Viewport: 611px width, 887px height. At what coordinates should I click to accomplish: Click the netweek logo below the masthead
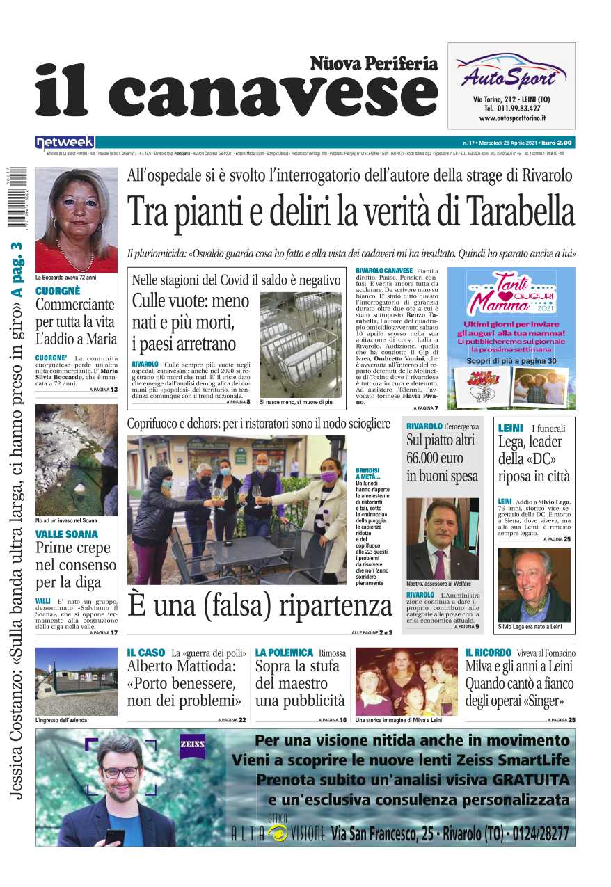click(x=65, y=142)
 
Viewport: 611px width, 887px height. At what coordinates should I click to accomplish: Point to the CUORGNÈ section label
click(x=58, y=291)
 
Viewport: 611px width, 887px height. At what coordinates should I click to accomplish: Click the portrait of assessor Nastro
click(x=442, y=538)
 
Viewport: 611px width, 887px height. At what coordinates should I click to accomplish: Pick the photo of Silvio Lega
click(x=534, y=584)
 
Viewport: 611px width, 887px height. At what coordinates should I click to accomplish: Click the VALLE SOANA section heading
click(x=67, y=534)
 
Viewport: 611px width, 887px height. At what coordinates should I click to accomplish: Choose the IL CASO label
click(x=146, y=653)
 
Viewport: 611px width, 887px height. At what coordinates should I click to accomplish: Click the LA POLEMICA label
click(x=284, y=653)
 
